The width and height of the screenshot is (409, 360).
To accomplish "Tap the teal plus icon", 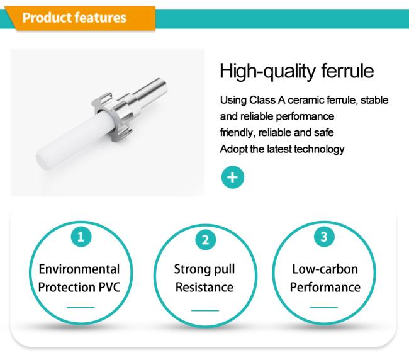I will point(232,177).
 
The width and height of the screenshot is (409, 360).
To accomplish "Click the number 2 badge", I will point(204,239).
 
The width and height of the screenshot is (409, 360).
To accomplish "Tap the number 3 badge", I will point(324,237).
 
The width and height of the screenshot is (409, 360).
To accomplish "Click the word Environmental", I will point(79,269).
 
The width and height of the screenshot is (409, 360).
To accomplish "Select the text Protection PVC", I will point(79,288).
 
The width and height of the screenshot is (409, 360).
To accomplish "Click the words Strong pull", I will point(204,269).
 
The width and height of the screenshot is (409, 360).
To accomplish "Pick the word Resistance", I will point(204,288).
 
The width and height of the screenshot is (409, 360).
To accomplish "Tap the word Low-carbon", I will point(325,269).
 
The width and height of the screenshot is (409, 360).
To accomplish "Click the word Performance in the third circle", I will point(325,288).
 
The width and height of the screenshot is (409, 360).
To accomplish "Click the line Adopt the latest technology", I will point(282,149).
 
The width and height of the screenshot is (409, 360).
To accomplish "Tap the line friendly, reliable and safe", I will point(277,133).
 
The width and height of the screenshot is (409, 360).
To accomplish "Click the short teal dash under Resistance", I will point(204,310).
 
